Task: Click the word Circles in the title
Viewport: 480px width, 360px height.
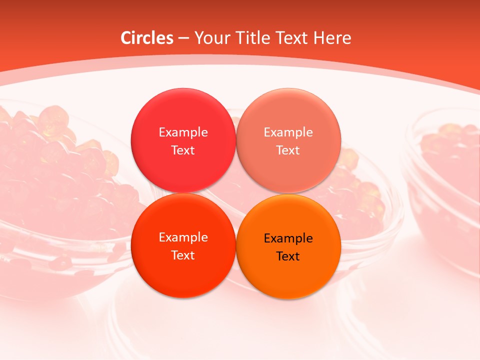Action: point(147,38)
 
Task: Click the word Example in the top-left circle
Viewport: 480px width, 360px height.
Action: point(183,132)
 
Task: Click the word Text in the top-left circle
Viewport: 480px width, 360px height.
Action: point(183,150)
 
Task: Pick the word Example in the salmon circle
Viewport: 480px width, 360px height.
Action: point(288,132)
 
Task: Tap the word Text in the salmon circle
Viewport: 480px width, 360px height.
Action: point(288,150)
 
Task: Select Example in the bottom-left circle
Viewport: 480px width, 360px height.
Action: point(183,237)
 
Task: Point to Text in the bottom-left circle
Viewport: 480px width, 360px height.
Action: point(183,255)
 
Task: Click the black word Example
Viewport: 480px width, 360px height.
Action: point(288,238)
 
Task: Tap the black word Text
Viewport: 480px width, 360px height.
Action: point(288,256)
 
